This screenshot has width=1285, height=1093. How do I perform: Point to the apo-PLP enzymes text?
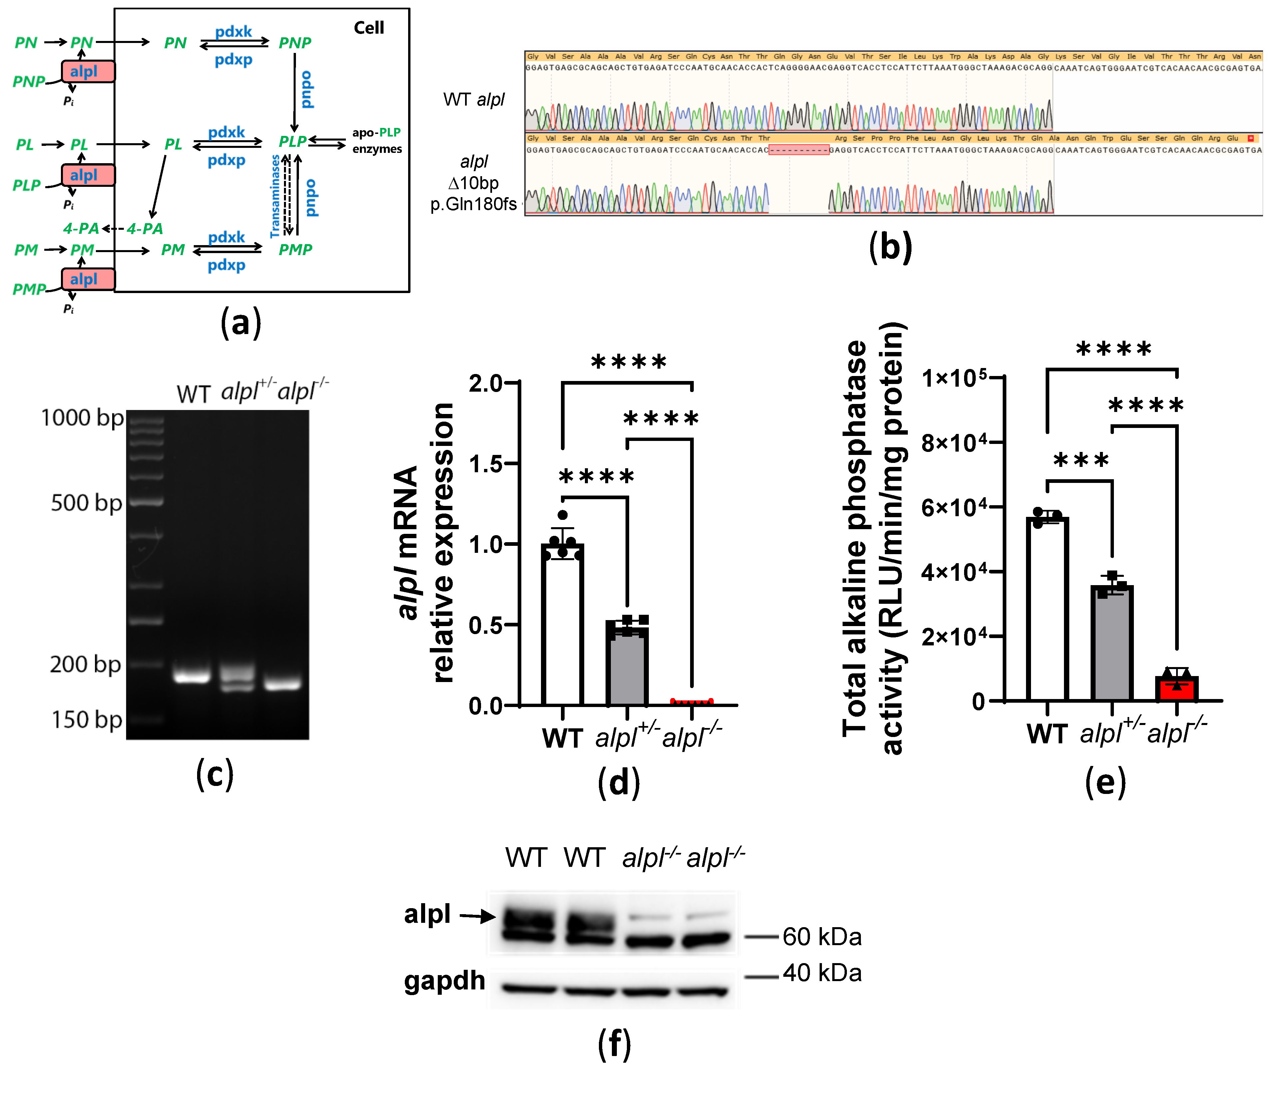377,141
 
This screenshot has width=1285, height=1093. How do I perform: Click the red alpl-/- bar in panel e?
1176,689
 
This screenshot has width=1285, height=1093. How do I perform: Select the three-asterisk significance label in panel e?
1081,460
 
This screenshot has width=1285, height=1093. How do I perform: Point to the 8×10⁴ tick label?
954,443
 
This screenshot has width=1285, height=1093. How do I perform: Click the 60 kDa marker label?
822,937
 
